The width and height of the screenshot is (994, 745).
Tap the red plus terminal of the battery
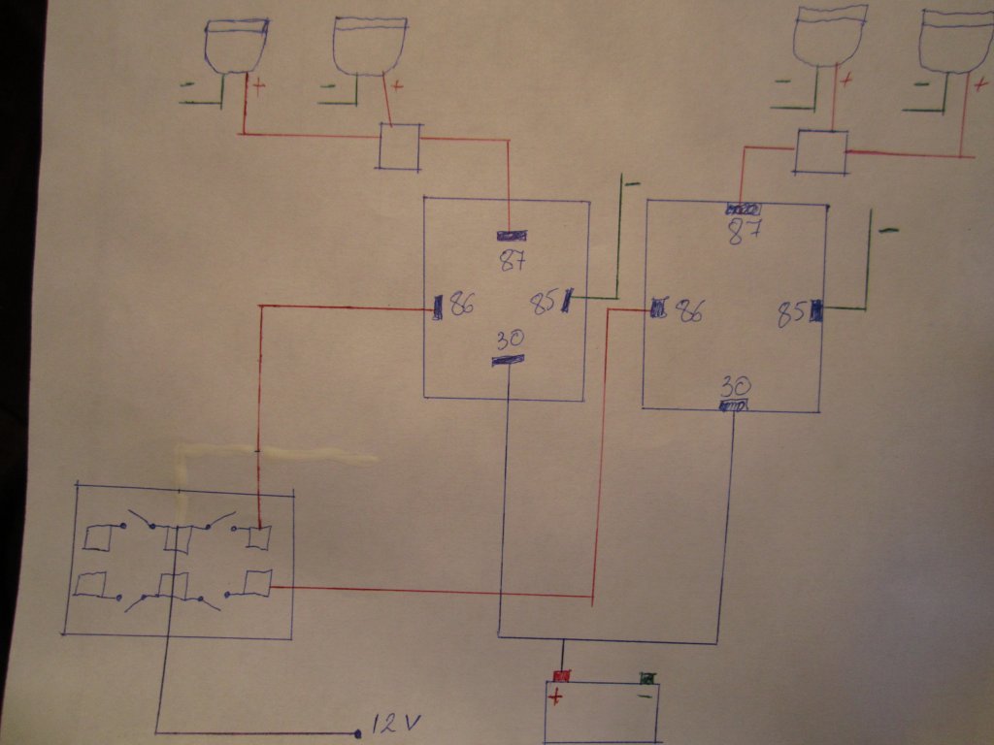560,676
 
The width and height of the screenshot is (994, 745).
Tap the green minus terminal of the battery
646,678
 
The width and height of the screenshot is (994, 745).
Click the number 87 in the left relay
511,260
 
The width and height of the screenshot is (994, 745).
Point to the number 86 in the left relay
461,306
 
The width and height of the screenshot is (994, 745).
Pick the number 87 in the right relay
744,232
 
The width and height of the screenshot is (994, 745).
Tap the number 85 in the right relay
791,312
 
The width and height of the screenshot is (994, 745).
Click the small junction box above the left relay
399,146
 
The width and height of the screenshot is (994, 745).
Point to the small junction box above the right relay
820,152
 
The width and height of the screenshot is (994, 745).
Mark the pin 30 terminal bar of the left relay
508,361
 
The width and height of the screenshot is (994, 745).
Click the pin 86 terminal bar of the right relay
659,309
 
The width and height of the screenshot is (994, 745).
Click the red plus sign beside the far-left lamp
259,86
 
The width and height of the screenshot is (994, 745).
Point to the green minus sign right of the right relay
888,230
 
